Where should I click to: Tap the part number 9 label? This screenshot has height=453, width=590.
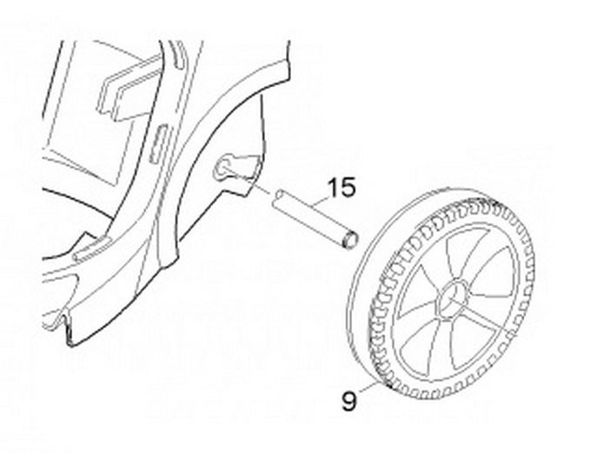point(349,402)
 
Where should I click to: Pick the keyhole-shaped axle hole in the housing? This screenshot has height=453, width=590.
point(229,164)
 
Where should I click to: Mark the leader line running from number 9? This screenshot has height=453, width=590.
point(369,387)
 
